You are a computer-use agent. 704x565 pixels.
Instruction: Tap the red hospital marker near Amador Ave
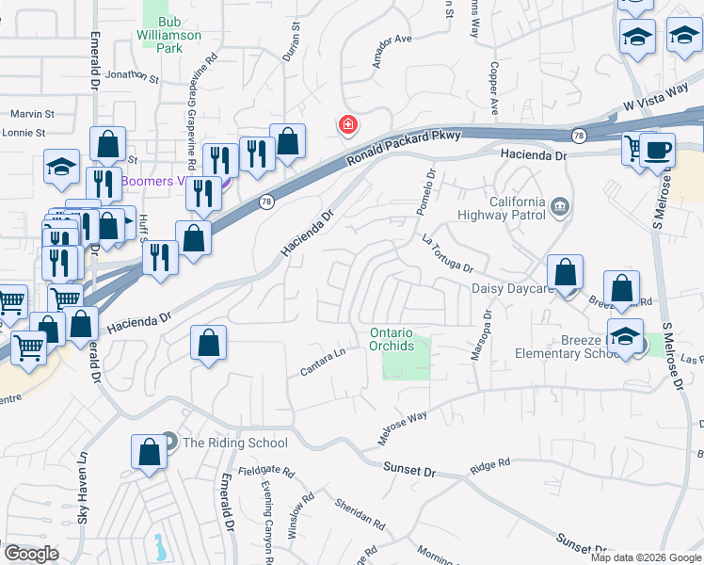347,124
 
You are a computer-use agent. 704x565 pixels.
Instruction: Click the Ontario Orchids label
392,339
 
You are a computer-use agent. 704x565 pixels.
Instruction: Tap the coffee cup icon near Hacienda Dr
657,150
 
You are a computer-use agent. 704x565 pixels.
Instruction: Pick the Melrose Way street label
403,427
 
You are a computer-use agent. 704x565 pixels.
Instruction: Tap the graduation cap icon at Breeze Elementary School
626,337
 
